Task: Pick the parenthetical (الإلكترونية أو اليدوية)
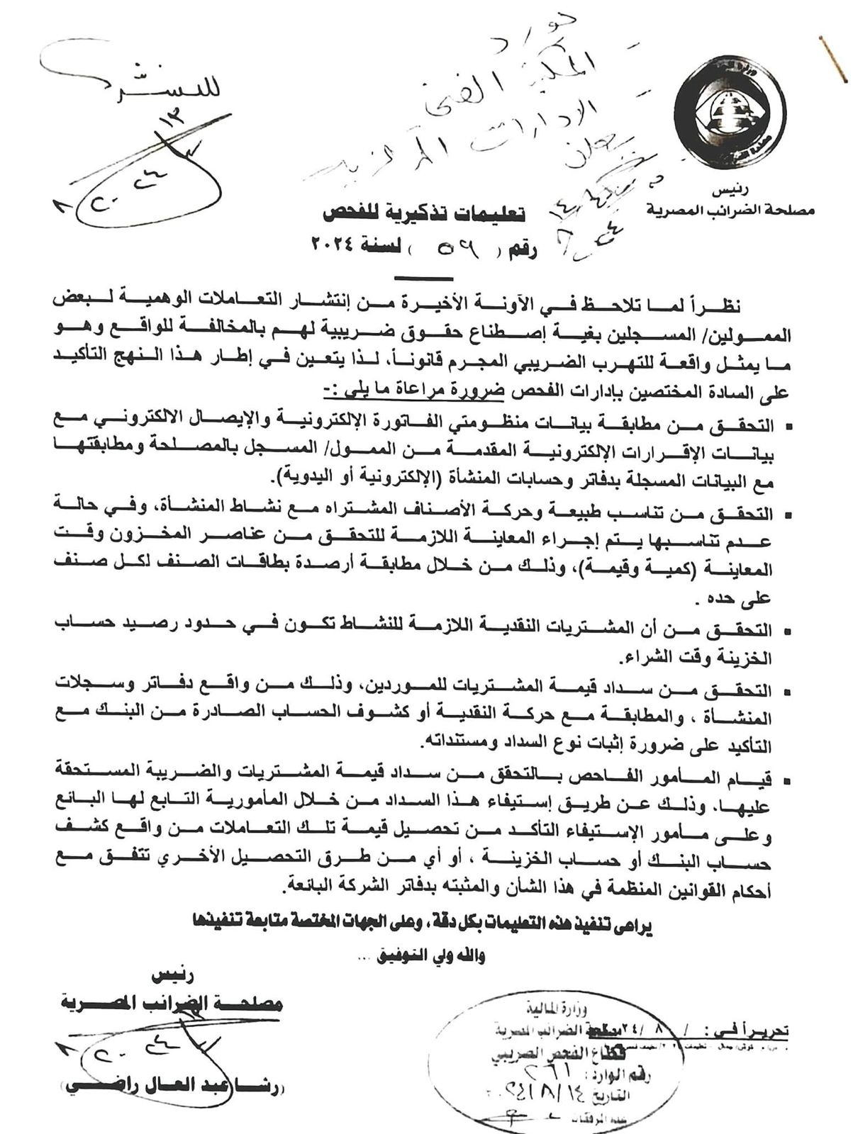355,474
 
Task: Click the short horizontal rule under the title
423,279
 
